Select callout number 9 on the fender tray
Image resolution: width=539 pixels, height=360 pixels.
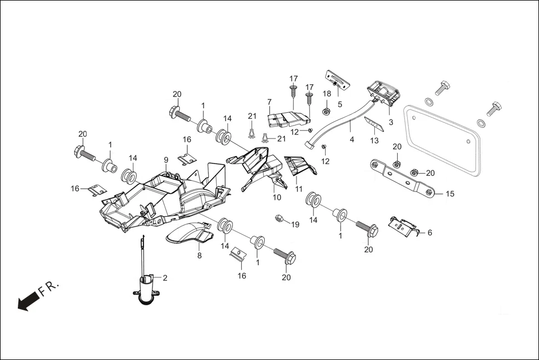click(x=166, y=160)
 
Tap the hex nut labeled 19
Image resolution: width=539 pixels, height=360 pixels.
click(x=279, y=218)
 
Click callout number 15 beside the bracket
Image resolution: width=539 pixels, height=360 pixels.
click(x=450, y=194)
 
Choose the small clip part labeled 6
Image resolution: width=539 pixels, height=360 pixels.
click(x=402, y=227)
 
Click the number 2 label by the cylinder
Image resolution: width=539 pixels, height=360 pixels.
click(x=165, y=277)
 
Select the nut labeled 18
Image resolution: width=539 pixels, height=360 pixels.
click(x=327, y=110)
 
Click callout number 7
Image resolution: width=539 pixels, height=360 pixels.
click(x=269, y=102)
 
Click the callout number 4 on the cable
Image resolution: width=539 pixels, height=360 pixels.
click(x=352, y=139)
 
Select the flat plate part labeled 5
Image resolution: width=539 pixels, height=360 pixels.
click(x=337, y=78)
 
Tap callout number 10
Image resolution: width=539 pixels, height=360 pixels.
click(x=277, y=197)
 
